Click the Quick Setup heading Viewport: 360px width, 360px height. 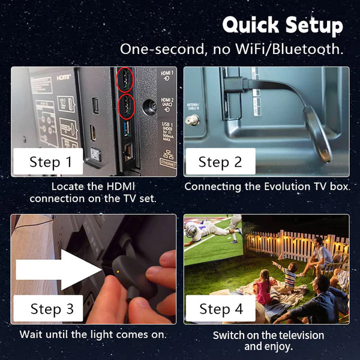click(x=282, y=25)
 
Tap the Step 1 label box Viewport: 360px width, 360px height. click(x=51, y=161)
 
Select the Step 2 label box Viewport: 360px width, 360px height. click(x=220, y=161)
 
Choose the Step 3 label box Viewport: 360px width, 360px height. click(x=52, y=309)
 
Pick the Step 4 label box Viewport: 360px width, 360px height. click(x=220, y=309)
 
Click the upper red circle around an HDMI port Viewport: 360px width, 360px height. click(x=124, y=79)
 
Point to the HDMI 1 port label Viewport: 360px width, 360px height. click(x=167, y=75)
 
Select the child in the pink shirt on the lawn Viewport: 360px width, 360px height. click(x=263, y=287)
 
